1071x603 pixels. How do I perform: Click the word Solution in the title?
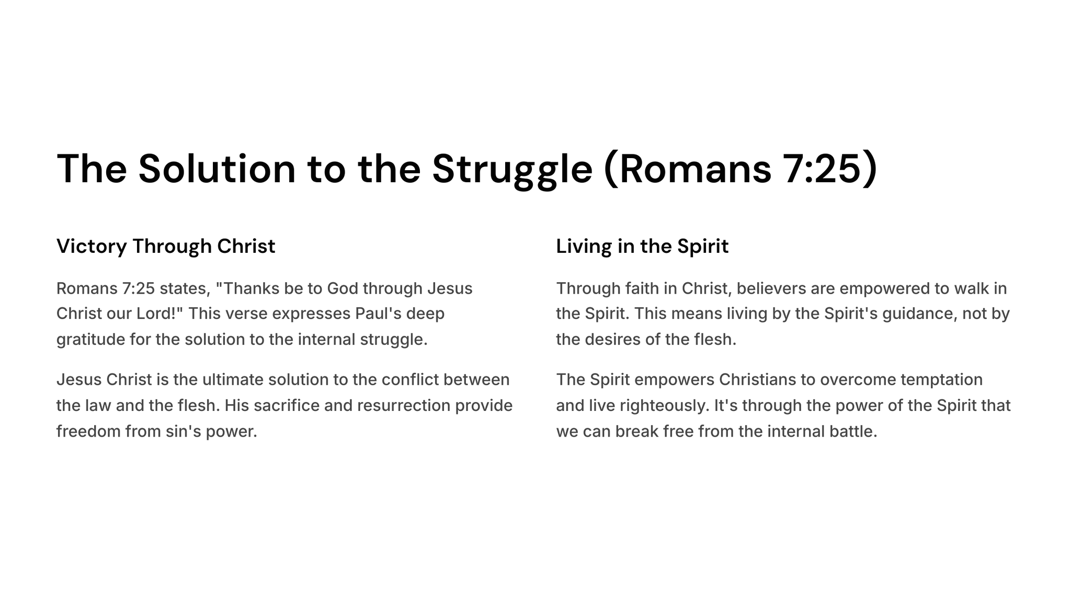pyautogui.click(x=217, y=169)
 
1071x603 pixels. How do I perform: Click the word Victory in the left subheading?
pyautogui.click(x=92, y=247)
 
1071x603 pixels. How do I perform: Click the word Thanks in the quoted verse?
pyautogui.click(x=251, y=288)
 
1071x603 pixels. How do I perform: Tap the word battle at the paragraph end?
pyautogui.click(x=853, y=432)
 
